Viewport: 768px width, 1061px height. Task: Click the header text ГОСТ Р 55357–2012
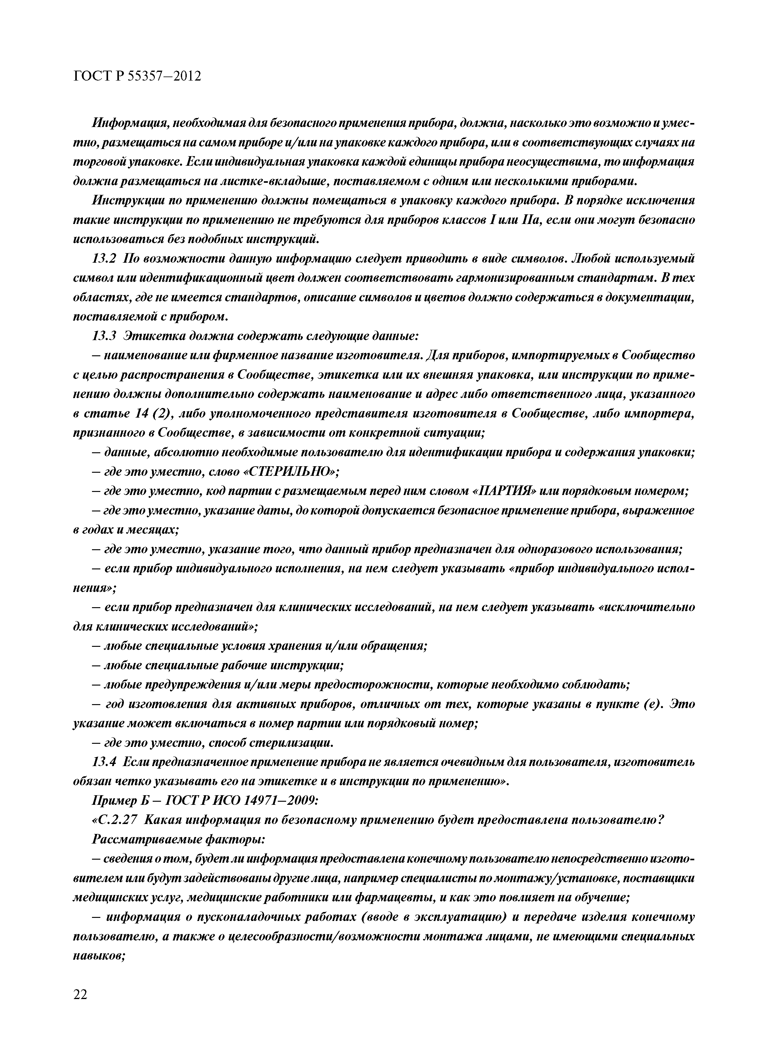(x=137, y=76)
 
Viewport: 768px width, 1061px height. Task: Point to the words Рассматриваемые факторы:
(x=179, y=839)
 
